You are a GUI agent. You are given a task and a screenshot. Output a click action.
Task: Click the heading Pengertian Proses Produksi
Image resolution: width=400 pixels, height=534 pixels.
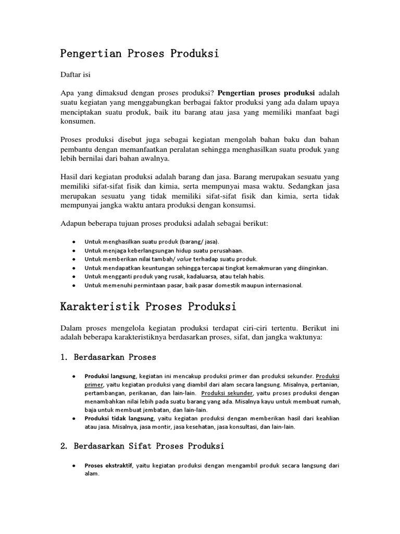click(140, 53)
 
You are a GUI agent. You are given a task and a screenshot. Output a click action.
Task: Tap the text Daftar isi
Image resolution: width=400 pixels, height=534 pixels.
click(76, 75)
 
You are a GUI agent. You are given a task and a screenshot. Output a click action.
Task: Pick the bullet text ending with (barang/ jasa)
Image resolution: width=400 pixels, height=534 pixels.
click(152, 242)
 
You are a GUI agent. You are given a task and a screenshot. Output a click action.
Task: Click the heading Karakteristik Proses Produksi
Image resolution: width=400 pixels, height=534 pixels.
click(148, 307)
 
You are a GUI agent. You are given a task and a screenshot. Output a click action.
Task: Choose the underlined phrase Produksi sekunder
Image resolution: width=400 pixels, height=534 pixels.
click(227, 393)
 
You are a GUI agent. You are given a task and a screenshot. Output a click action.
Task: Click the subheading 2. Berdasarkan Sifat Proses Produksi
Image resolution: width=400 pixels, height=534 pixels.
click(142, 446)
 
